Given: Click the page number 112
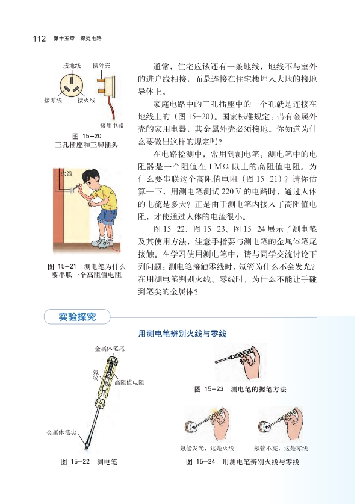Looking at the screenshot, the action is click(39, 39).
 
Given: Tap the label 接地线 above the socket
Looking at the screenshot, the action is click(72, 66).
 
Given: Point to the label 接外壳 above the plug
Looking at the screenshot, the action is click(101, 66).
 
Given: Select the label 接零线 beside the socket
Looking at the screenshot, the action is click(53, 101).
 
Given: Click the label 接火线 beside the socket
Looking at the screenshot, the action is click(87, 101).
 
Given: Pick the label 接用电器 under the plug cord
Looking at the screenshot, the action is click(111, 125).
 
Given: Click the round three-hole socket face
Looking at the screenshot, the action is click(72, 84).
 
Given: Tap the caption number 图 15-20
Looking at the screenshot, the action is click(87, 136).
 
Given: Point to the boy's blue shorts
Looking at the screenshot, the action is click(108, 216).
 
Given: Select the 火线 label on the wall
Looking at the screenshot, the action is click(67, 173).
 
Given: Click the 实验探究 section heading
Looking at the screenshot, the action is click(77, 317).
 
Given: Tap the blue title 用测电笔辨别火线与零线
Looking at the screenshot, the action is click(182, 334).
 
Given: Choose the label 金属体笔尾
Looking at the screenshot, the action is click(110, 349).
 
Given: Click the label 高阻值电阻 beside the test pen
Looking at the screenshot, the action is click(129, 382).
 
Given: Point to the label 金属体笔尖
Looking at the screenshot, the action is click(61, 432).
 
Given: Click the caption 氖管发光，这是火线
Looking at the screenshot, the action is click(207, 448).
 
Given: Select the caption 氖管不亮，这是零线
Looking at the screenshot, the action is click(281, 448).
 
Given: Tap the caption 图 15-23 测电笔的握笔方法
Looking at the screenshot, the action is click(240, 389).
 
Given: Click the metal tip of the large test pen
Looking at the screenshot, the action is click(86, 448).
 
